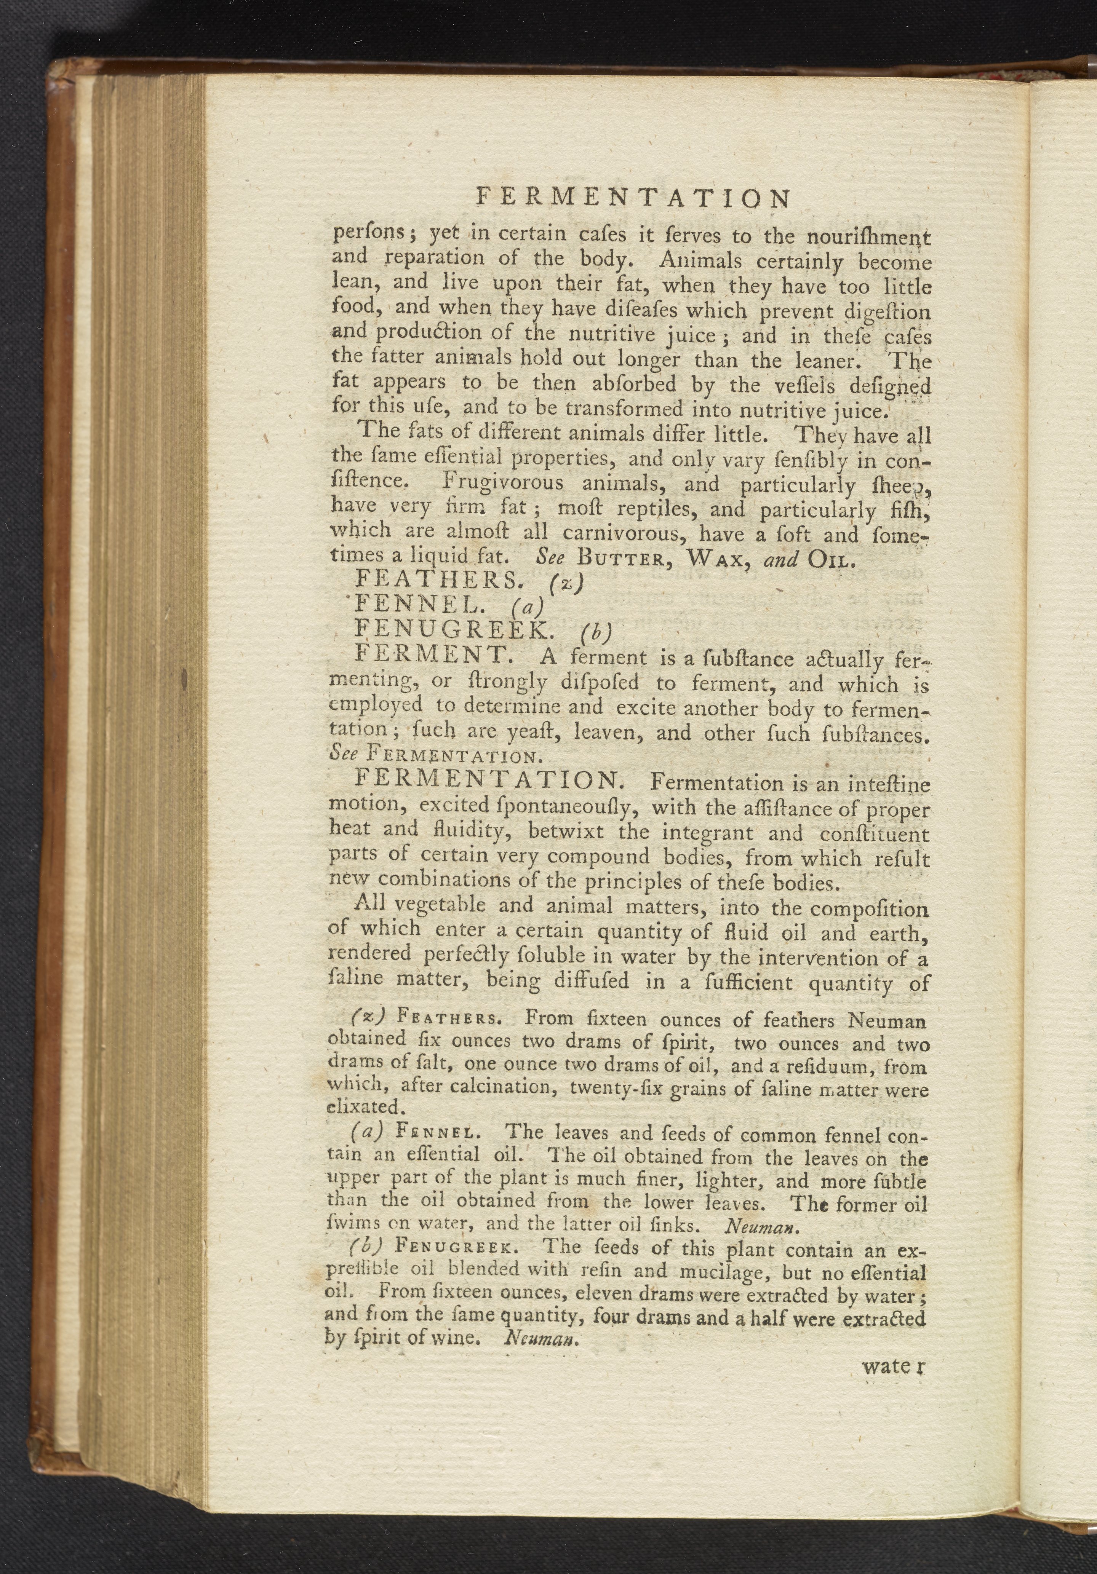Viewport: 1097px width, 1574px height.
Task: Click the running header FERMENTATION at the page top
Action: [632, 198]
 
